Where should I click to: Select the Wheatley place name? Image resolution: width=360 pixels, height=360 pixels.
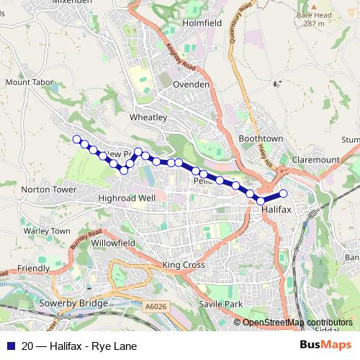click(x=148, y=117)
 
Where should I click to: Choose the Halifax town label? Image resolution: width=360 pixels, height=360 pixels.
click(x=277, y=207)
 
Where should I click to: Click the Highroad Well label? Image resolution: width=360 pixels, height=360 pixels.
click(x=127, y=197)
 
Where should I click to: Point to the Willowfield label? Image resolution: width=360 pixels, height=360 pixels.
click(x=114, y=243)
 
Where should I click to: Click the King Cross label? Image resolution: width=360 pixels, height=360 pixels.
click(x=184, y=265)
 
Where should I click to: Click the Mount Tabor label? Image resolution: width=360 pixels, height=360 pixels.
click(x=27, y=82)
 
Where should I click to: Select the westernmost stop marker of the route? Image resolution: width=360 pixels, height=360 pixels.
click(x=77, y=139)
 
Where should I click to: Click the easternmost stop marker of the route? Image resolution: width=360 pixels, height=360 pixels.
click(x=284, y=193)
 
